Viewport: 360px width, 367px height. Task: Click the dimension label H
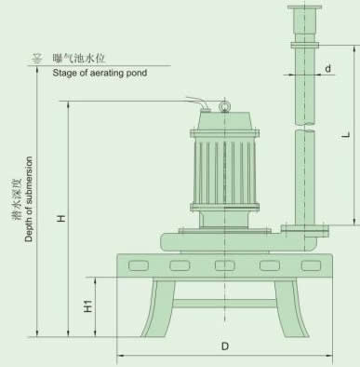point(61,218)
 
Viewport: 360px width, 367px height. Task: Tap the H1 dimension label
point(88,306)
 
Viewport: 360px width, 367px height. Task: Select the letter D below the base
point(225,347)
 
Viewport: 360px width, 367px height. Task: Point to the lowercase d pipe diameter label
point(328,68)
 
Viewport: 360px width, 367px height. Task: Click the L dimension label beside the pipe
point(346,135)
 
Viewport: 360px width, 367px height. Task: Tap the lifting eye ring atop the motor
point(223,106)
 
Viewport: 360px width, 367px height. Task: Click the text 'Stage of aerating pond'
point(100,73)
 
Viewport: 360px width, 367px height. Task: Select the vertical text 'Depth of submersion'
point(29,199)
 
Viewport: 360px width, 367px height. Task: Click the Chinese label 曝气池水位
point(79,58)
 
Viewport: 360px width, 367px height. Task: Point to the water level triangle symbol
point(37,58)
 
